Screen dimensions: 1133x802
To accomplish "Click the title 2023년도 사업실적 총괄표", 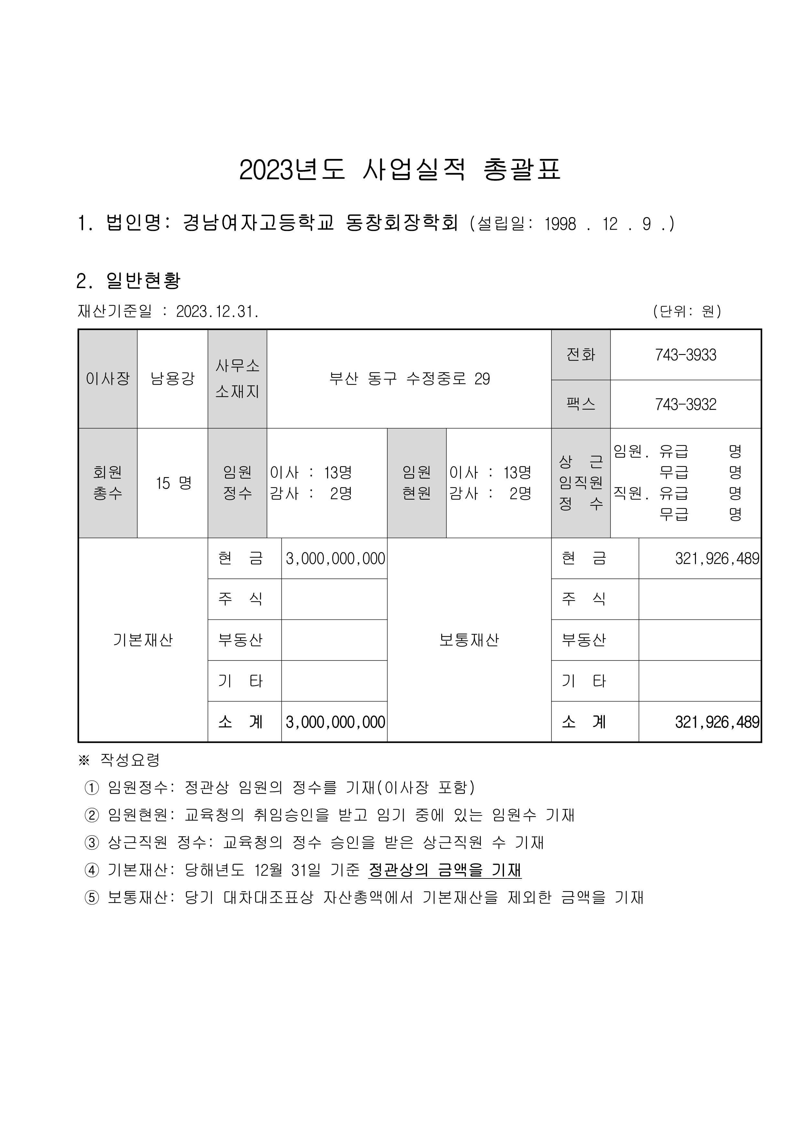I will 400,170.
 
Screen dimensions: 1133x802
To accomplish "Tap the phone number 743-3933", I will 685,355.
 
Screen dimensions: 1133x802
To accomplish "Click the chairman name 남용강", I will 172,379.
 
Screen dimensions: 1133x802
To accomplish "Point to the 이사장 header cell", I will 108,379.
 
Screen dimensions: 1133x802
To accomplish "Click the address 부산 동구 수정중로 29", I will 409,379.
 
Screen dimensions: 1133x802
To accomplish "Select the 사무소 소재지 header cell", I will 238,379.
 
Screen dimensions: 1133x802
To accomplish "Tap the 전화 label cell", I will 581,355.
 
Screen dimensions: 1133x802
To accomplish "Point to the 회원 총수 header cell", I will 108,483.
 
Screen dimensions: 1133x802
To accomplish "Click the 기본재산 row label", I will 143,640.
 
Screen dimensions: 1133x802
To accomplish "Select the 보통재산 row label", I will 469,640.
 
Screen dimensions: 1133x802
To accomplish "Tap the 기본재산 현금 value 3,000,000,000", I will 335,559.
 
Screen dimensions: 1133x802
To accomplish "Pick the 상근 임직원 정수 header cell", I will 581,483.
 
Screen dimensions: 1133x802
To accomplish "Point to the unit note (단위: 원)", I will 687,311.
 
